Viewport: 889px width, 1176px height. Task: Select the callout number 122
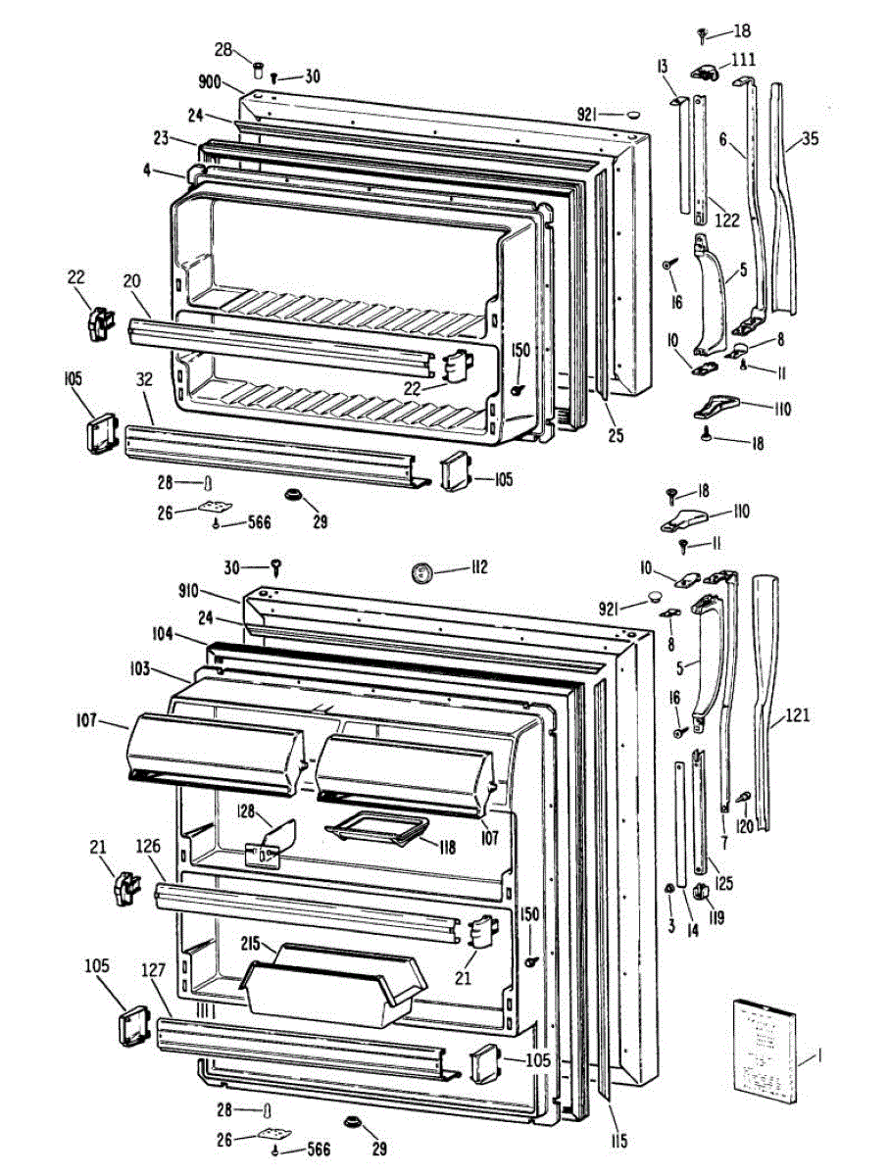[x=726, y=220]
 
